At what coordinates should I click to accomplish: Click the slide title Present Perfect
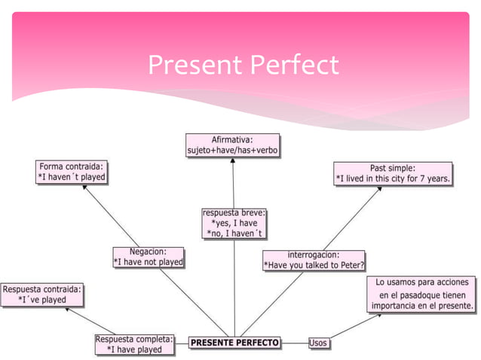coord(243,66)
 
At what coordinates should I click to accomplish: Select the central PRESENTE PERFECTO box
coord(234,343)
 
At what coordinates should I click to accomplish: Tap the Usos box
coord(318,343)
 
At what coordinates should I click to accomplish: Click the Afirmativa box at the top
coord(233,145)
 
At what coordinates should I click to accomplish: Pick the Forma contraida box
coord(72,172)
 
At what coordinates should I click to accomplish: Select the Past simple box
coord(393,173)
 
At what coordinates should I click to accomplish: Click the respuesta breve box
coord(234,224)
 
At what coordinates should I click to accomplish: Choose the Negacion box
coord(149,257)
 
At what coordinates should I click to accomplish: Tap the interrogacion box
coord(314,260)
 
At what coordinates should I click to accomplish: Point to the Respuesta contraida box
coord(42,294)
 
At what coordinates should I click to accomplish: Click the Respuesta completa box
coord(134,344)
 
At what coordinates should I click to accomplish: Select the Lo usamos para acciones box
coord(422,294)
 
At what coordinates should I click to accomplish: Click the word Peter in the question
coord(350,265)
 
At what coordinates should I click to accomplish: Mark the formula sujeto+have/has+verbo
coord(233,151)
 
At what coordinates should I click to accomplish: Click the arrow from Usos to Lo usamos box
coord(354,327)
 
